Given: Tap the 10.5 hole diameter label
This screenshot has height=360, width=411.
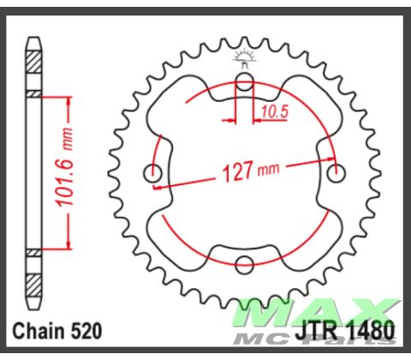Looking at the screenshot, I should [271, 111].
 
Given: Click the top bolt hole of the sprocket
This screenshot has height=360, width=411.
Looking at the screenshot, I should [245, 84].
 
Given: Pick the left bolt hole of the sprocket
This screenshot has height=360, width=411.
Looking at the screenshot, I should [155, 174].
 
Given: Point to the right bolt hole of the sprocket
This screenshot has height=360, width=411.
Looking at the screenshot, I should [336, 173].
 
